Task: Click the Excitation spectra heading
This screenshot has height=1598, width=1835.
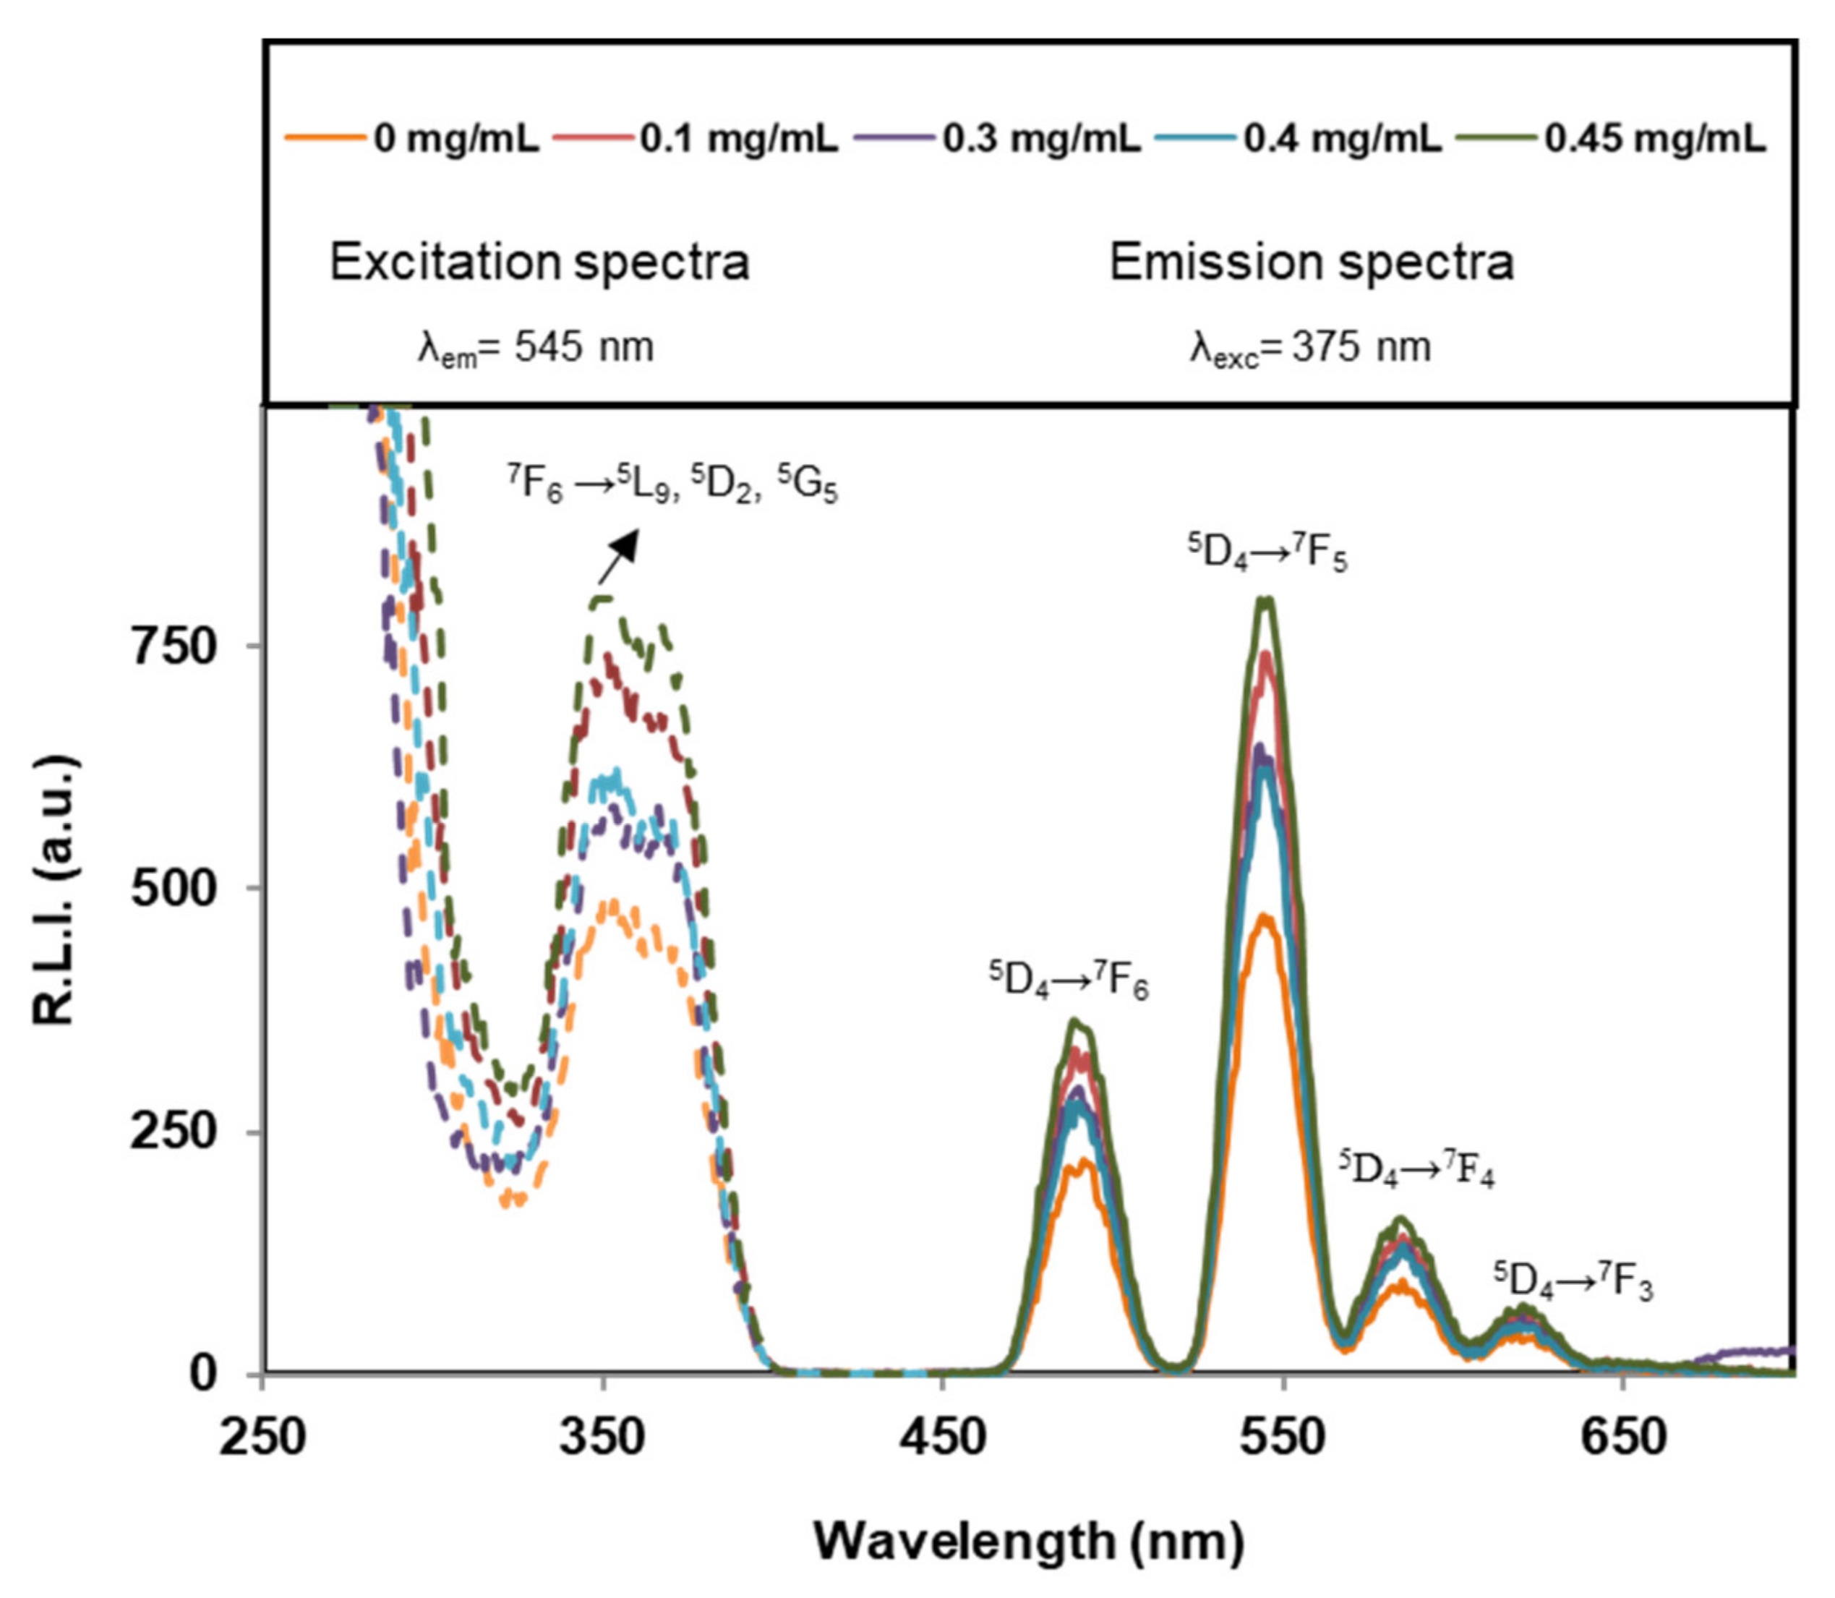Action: click(x=539, y=262)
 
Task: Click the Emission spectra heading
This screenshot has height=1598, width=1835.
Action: click(x=1311, y=262)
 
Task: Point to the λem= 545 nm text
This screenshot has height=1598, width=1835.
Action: click(x=536, y=348)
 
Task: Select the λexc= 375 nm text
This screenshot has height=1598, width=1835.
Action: click(x=1310, y=348)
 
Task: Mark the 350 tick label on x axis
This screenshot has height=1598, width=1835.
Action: click(x=603, y=1437)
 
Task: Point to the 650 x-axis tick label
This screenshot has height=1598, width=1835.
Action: click(x=1622, y=1437)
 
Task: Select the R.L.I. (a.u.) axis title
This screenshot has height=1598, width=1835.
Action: click(x=55, y=891)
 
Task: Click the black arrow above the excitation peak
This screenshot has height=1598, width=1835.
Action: click(x=620, y=555)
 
